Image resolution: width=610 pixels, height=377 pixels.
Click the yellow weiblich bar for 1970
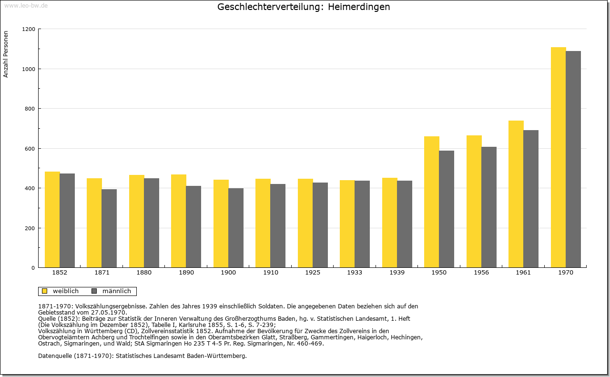558,157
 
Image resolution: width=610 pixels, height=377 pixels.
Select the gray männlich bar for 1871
109,228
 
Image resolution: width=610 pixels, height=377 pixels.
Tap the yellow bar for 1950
432,202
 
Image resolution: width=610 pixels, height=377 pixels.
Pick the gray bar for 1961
531,199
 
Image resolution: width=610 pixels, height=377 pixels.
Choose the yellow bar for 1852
52,220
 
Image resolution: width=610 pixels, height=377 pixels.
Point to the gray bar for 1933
362,224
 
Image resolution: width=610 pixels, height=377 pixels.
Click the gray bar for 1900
236,228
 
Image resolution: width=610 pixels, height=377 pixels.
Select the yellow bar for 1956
474,201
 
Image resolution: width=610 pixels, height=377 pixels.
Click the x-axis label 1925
313,273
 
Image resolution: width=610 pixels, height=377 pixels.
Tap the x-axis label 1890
186,273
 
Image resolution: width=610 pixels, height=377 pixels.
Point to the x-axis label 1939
397,273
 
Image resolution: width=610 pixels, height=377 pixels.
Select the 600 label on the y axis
30,149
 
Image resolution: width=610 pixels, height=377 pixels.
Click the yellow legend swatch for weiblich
45,291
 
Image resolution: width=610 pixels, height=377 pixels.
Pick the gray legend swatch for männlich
94,291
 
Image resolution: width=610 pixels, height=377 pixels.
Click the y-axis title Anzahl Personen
6,54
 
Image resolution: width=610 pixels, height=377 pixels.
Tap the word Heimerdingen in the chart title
359,7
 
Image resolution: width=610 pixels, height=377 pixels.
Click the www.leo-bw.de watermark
26,5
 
